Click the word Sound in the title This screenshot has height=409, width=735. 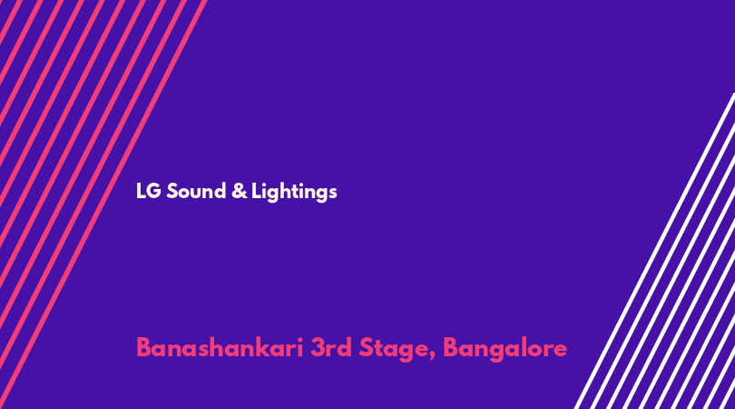point(196,191)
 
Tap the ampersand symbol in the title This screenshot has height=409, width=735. point(239,191)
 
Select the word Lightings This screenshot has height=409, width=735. point(294,192)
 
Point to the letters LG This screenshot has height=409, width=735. point(149,191)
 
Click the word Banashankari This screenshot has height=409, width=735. point(220,348)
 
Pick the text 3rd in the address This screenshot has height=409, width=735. point(331,348)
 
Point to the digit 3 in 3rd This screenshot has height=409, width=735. point(318,348)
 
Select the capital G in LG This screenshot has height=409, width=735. point(154,191)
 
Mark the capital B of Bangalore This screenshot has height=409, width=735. point(451,348)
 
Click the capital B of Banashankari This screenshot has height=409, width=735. point(144,348)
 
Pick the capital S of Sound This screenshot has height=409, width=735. point(172,191)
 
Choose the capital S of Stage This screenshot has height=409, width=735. point(367,348)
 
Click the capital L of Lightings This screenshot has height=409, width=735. point(256,191)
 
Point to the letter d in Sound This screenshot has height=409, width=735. point(220,191)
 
